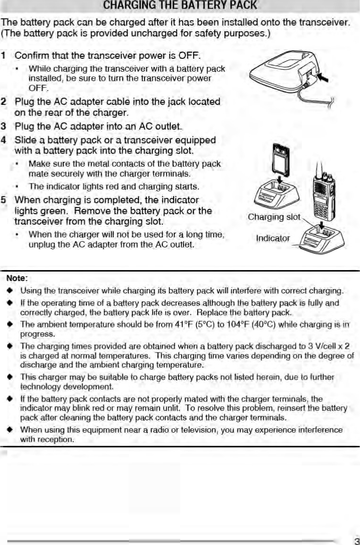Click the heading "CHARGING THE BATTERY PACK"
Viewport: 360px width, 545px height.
(x=180, y=6)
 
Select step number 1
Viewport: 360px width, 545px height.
(x=4, y=56)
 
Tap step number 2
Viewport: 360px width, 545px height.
(x=4, y=101)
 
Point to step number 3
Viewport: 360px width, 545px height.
(x=4, y=127)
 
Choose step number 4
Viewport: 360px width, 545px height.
(x=4, y=140)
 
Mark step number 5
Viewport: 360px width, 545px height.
(x=4, y=200)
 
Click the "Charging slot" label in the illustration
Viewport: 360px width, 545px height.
(x=274, y=217)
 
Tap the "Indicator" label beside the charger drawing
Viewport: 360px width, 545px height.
(x=273, y=238)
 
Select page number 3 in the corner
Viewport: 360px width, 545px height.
(x=356, y=541)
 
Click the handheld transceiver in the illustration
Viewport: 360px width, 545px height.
(x=323, y=194)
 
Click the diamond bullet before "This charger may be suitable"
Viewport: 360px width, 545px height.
(x=9, y=377)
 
